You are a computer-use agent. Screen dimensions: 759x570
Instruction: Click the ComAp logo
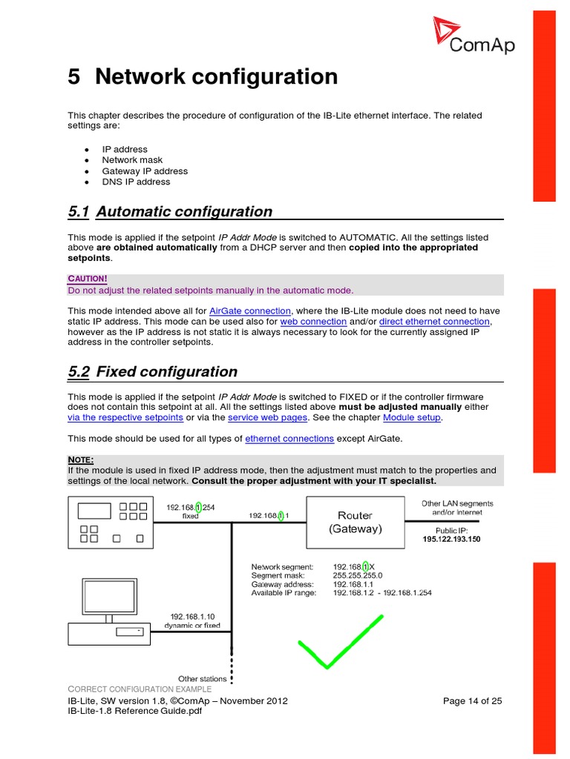[474, 37]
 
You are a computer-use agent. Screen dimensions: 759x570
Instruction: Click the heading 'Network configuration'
[216, 76]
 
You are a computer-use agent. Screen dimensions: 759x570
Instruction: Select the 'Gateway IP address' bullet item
[145, 171]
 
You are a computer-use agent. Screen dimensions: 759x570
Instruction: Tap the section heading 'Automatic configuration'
[184, 212]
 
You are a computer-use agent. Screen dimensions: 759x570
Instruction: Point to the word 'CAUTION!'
[88, 279]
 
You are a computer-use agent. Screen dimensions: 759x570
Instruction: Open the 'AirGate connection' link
[250, 311]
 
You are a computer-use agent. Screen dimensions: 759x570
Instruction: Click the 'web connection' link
[313, 322]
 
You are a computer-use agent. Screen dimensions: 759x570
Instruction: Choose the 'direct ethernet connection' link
[434, 322]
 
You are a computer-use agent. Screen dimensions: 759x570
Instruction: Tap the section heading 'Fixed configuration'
[167, 372]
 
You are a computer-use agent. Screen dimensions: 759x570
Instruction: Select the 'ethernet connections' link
[289, 439]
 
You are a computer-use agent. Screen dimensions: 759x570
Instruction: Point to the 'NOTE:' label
[81, 460]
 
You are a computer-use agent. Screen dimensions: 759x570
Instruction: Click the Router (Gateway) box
[356, 522]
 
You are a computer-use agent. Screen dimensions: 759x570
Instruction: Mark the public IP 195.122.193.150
[451, 540]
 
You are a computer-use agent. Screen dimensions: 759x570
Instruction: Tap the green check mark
[340, 642]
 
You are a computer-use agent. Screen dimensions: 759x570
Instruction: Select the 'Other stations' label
[203, 679]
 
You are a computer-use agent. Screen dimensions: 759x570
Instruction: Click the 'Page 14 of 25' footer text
[472, 700]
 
